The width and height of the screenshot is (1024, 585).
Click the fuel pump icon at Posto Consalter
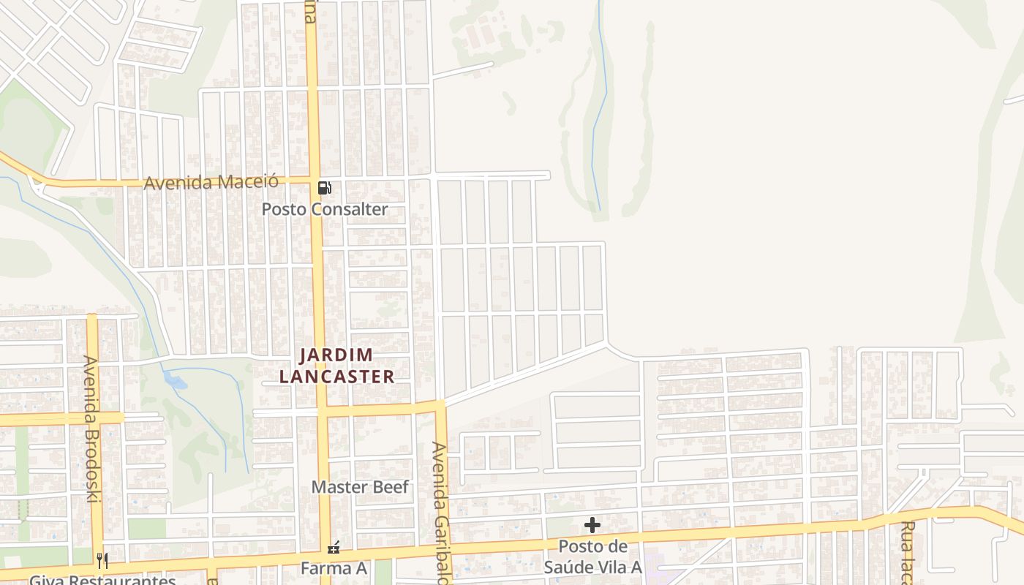point(324,188)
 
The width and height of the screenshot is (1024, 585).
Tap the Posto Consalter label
point(325,209)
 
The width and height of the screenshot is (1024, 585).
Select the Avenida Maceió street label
point(211,181)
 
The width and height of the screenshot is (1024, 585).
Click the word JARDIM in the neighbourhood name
point(336,355)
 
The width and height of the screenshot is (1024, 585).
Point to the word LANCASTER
point(336,377)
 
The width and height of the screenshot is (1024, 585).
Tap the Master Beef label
point(360,487)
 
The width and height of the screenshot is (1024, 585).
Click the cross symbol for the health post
point(592,525)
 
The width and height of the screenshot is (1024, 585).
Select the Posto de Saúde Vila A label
point(592,556)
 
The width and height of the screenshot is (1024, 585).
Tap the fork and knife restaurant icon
point(102,561)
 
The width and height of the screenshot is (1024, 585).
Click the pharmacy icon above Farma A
point(334,547)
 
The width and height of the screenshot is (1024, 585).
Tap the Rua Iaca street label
point(907,553)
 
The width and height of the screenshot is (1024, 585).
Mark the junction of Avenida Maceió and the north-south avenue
point(315,180)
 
